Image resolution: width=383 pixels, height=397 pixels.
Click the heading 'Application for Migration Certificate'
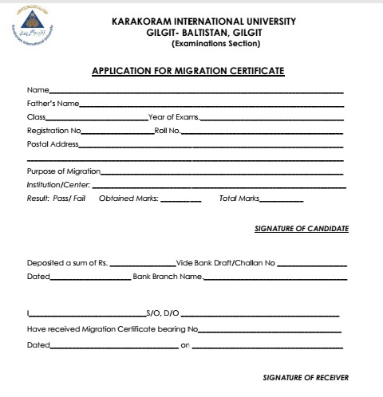tap(188, 71)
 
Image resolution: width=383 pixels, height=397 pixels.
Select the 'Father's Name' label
tap(52, 104)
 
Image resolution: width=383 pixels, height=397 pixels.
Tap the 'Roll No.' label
tap(168, 130)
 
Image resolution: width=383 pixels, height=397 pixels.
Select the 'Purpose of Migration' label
tap(63, 171)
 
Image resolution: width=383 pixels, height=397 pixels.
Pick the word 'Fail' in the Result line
tap(79, 198)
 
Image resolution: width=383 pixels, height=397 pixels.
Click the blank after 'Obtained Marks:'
tap(180, 199)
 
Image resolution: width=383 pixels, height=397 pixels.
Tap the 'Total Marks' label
tap(239, 198)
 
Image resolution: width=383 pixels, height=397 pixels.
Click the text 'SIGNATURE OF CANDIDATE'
tap(301, 229)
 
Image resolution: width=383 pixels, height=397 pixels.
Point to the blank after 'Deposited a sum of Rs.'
tap(142, 265)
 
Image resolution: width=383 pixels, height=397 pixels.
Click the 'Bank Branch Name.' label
tap(168, 277)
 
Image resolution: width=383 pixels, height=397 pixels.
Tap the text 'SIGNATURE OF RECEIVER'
tap(306, 376)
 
